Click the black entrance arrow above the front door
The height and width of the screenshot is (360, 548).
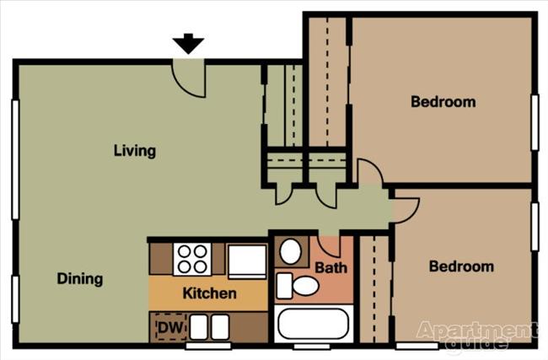[188, 44]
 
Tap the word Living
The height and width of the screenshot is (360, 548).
[135, 151]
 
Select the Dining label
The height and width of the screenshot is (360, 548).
[80, 278]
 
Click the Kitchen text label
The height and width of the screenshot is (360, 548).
[210, 294]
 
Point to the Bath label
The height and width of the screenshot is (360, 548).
[330, 268]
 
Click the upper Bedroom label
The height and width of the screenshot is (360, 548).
[443, 102]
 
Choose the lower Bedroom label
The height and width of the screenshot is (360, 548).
[461, 266]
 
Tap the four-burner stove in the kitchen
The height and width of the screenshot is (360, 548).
[191, 259]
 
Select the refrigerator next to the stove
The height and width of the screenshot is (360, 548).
[247, 261]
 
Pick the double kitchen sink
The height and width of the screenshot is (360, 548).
[208, 326]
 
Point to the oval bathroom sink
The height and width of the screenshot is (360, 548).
[293, 252]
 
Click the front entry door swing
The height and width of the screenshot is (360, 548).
[189, 76]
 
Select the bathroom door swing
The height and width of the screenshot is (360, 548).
[329, 245]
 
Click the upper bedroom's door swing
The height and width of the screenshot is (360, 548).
[369, 172]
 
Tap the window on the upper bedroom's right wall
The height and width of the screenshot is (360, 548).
[535, 122]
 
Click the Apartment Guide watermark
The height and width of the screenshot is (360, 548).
[476, 336]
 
